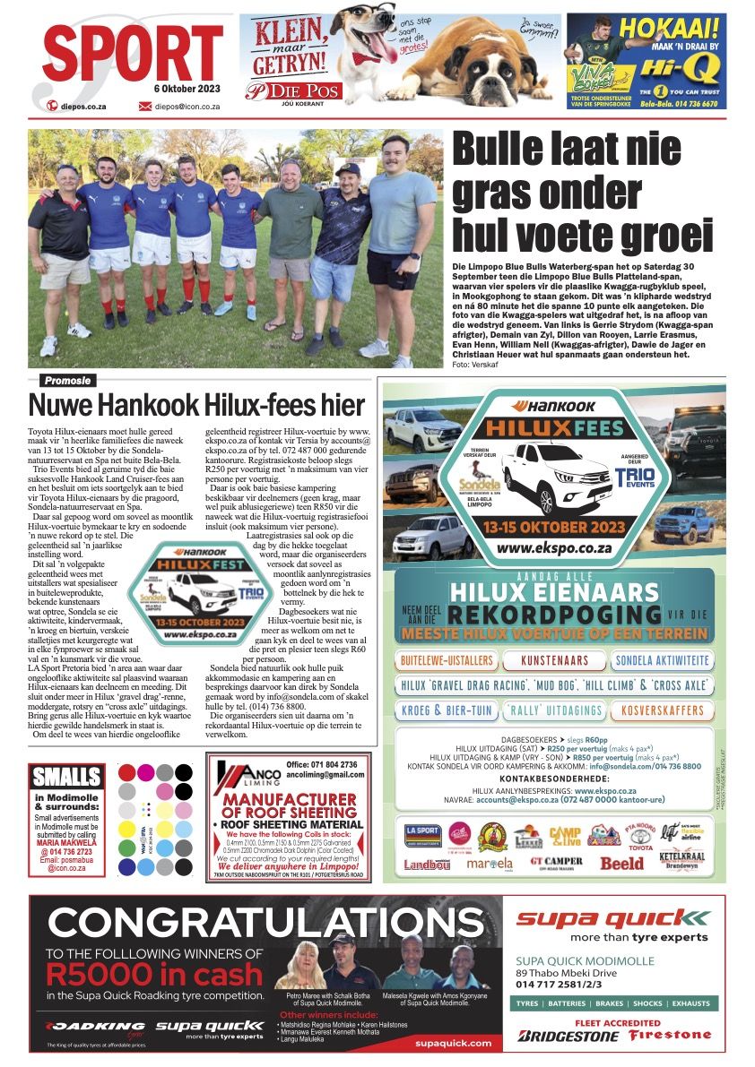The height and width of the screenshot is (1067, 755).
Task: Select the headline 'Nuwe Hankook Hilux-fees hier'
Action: pos(197,405)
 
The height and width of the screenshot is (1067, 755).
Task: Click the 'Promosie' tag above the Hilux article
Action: pos(66,381)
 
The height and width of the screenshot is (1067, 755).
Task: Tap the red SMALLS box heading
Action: pos(66,776)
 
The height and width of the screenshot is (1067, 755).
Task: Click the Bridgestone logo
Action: pos(568,1036)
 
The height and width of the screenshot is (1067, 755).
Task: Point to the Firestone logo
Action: pos(670,1036)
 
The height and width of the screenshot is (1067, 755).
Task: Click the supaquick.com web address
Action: pos(454,1043)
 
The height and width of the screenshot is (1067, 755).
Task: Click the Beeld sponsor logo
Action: pos(621,864)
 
